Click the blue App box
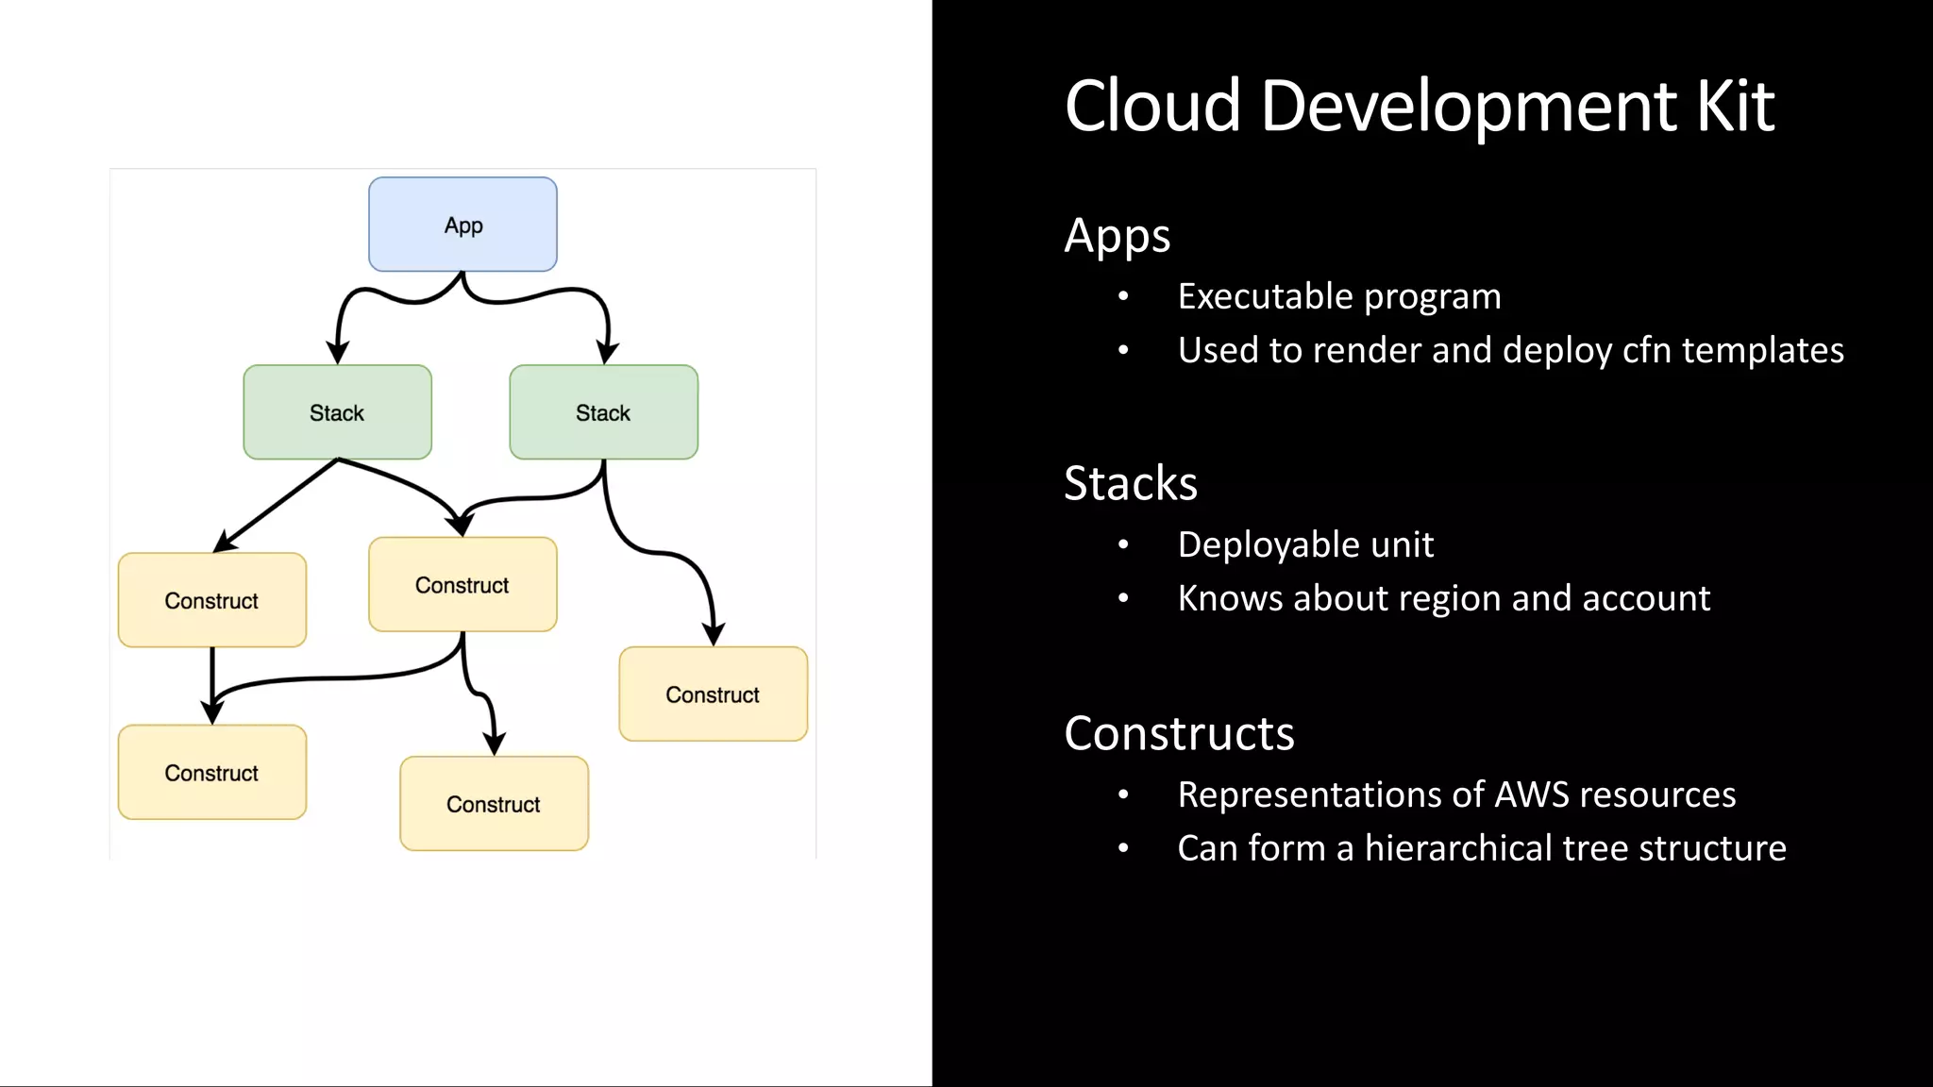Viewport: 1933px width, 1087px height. pyautogui.click(x=462, y=225)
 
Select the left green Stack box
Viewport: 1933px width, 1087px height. pyautogui.click(x=337, y=412)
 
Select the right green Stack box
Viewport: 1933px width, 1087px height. pyautogui.click(x=603, y=412)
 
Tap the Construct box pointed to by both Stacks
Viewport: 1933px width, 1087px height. pyautogui.click(x=462, y=585)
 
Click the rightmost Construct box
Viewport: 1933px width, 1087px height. pyautogui.click(x=713, y=694)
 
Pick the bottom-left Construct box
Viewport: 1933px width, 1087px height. pyautogui.click(x=211, y=773)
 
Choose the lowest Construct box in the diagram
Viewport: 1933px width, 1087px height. pyautogui.click(x=494, y=804)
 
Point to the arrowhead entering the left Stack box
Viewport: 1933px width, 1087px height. pyautogui.click(x=337, y=354)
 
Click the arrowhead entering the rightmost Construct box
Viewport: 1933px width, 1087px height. pyautogui.click(x=714, y=634)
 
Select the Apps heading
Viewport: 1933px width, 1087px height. pyautogui.click(x=1117, y=236)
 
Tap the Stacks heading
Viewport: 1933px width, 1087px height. pyautogui.click(x=1130, y=483)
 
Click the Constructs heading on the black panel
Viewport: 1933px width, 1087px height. pyautogui.click(x=1179, y=733)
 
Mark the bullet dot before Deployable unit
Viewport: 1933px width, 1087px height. pyautogui.click(x=1123, y=544)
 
